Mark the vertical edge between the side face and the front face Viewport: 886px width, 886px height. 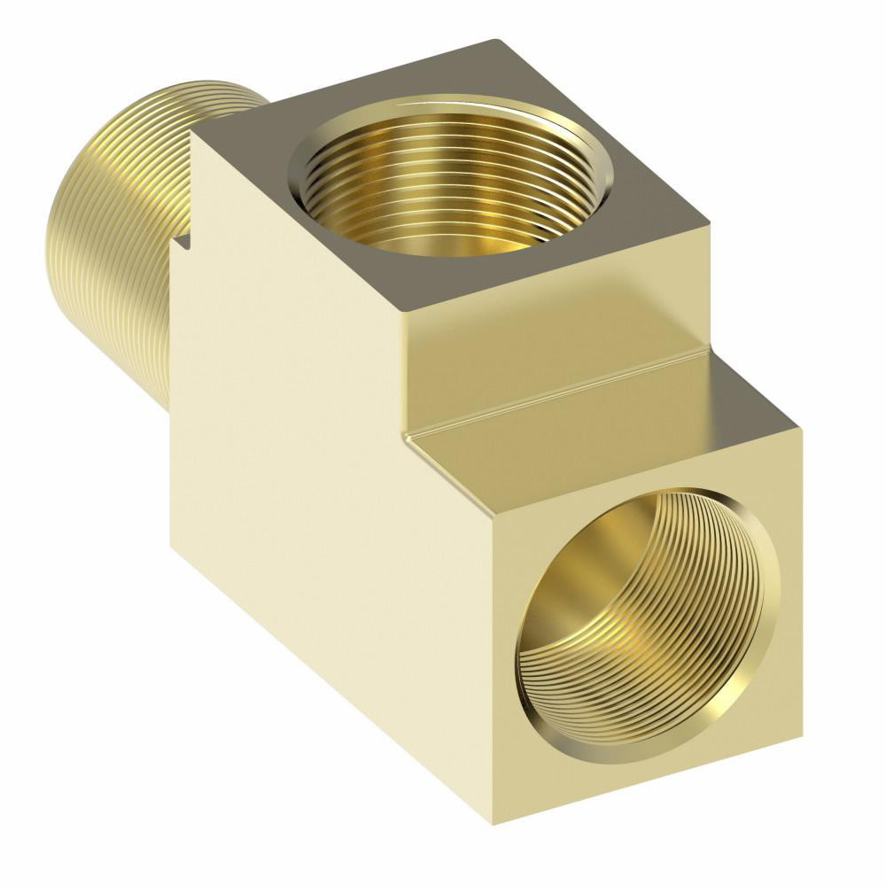point(491,673)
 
